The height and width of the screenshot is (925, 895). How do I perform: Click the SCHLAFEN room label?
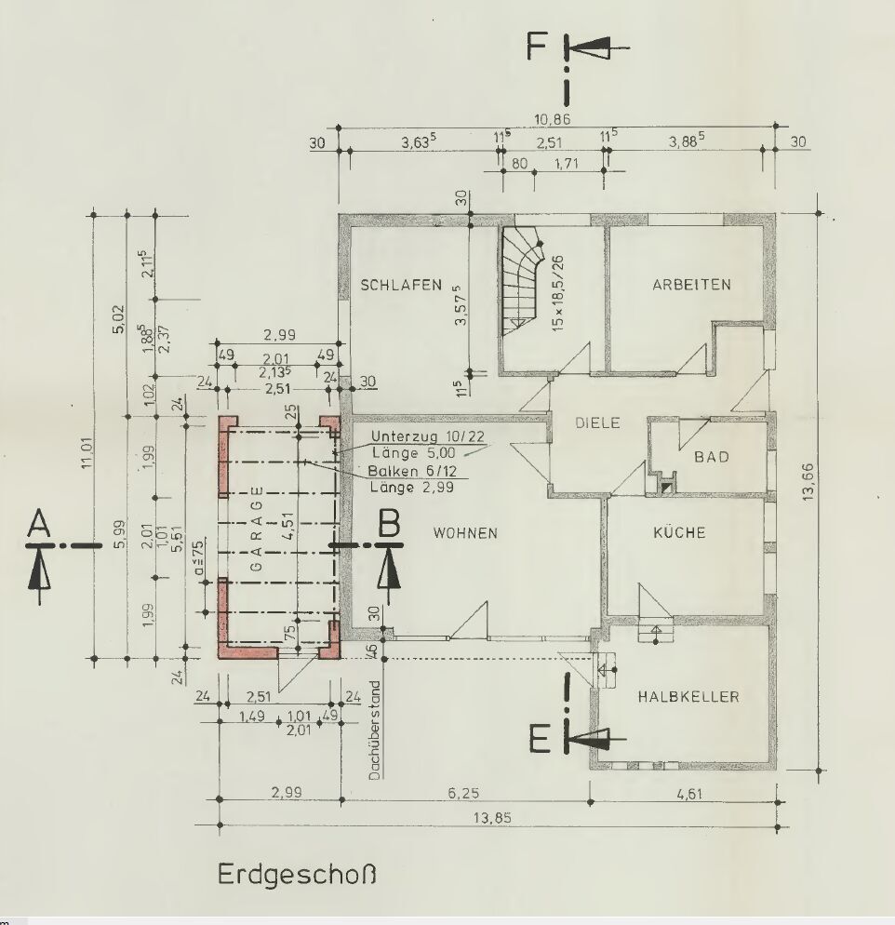[401, 285]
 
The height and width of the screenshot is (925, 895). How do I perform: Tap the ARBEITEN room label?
[691, 285]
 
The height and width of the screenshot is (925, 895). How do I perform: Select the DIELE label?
[597, 423]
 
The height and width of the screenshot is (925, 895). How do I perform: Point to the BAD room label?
[711, 457]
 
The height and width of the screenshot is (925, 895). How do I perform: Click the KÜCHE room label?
[679, 532]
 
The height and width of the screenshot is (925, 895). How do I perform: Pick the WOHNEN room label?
[466, 532]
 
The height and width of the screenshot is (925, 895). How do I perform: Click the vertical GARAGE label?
[257, 530]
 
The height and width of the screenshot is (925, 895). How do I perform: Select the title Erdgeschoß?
[297, 874]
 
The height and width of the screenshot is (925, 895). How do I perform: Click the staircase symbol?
[522, 280]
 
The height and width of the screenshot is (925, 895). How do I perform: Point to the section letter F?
[537, 47]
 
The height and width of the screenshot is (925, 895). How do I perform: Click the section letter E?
[540, 740]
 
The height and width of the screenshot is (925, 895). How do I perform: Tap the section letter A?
[39, 523]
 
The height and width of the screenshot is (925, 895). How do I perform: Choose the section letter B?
[389, 523]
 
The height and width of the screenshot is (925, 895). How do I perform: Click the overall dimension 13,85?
[492, 818]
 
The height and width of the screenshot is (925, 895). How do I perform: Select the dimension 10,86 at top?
[552, 119]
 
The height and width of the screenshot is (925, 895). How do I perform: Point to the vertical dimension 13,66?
[808, 482]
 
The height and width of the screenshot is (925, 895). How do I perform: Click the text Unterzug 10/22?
[429, 437]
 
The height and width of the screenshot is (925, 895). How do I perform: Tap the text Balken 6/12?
[412, 472]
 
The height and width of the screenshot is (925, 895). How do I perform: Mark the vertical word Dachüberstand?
[374, 731]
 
